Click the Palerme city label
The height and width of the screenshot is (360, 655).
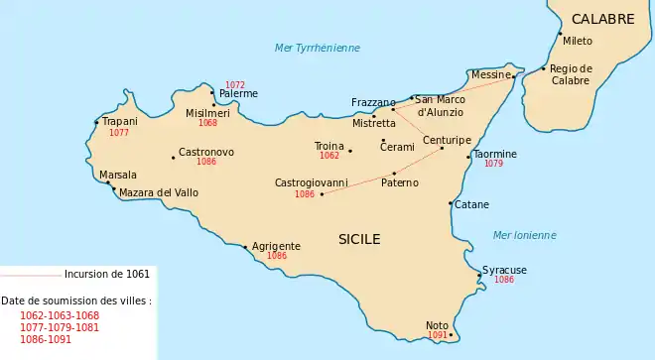(x=238, y=94)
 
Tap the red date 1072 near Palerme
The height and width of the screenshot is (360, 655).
(x=235, y=84)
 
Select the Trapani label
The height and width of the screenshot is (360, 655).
(x=119, y=122)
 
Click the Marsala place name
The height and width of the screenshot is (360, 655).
(x=118, y=176)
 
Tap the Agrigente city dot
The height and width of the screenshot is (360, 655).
(x=245, y=246)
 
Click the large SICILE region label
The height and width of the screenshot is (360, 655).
(x=359, y=239)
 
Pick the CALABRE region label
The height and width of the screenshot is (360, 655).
(x=602, y=19)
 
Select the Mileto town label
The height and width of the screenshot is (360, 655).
(x=577, y=42)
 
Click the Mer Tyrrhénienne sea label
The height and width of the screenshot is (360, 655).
(x=318, y=48)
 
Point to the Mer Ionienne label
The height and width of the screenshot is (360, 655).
(x=524, y=235)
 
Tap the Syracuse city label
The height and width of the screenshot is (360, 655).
(x=504, y=270)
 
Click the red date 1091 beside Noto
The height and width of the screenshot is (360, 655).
(x=438, y=336)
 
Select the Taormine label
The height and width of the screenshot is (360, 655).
(x=494, y=154)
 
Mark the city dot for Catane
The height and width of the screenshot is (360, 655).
(x=452, y=203)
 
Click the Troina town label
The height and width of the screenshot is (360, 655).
(x=328, y=146)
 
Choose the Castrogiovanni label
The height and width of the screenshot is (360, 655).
(x=312, y=183)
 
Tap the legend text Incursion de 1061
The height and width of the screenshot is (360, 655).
(x=107, y=274)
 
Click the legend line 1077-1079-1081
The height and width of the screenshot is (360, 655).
(x=59, y=327)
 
